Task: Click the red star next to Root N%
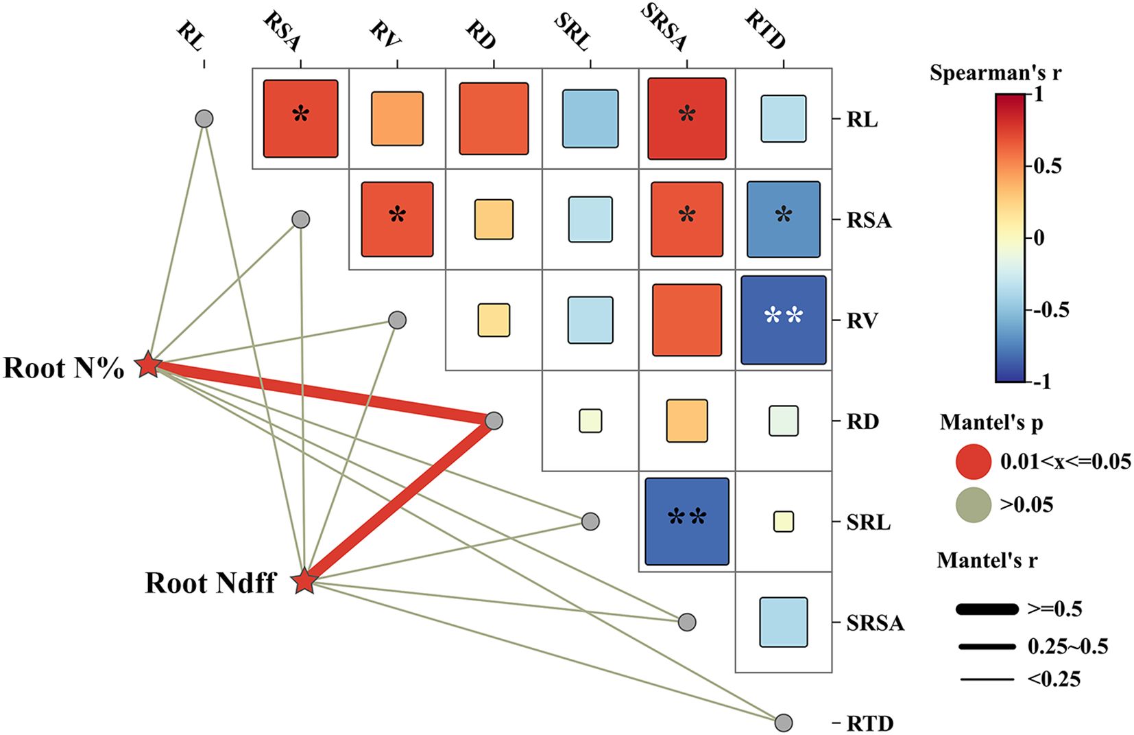(x=148, y=365)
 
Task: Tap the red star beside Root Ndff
(x=304, y=581)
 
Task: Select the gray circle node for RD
(x=494, y=421)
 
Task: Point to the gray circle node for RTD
(x=784, y=723)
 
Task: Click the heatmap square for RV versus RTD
(x=784, y=320)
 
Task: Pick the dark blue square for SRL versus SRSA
(x=687, y=522)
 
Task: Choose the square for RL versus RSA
(x=301, y=119)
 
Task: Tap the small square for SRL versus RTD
(x=784, y=522)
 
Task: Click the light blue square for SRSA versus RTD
(x=784, y=622)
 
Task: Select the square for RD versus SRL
(x=590, y=421)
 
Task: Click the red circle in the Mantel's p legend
(x=973, y=461)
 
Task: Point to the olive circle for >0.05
(x=973, y=504)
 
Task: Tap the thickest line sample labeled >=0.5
(x=987, y=609)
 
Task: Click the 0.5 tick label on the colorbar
(x=1047, y=165)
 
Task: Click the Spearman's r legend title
(x=995, y=73)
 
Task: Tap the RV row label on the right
(x=862, y=320)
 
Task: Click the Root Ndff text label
(x=210, y=583)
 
